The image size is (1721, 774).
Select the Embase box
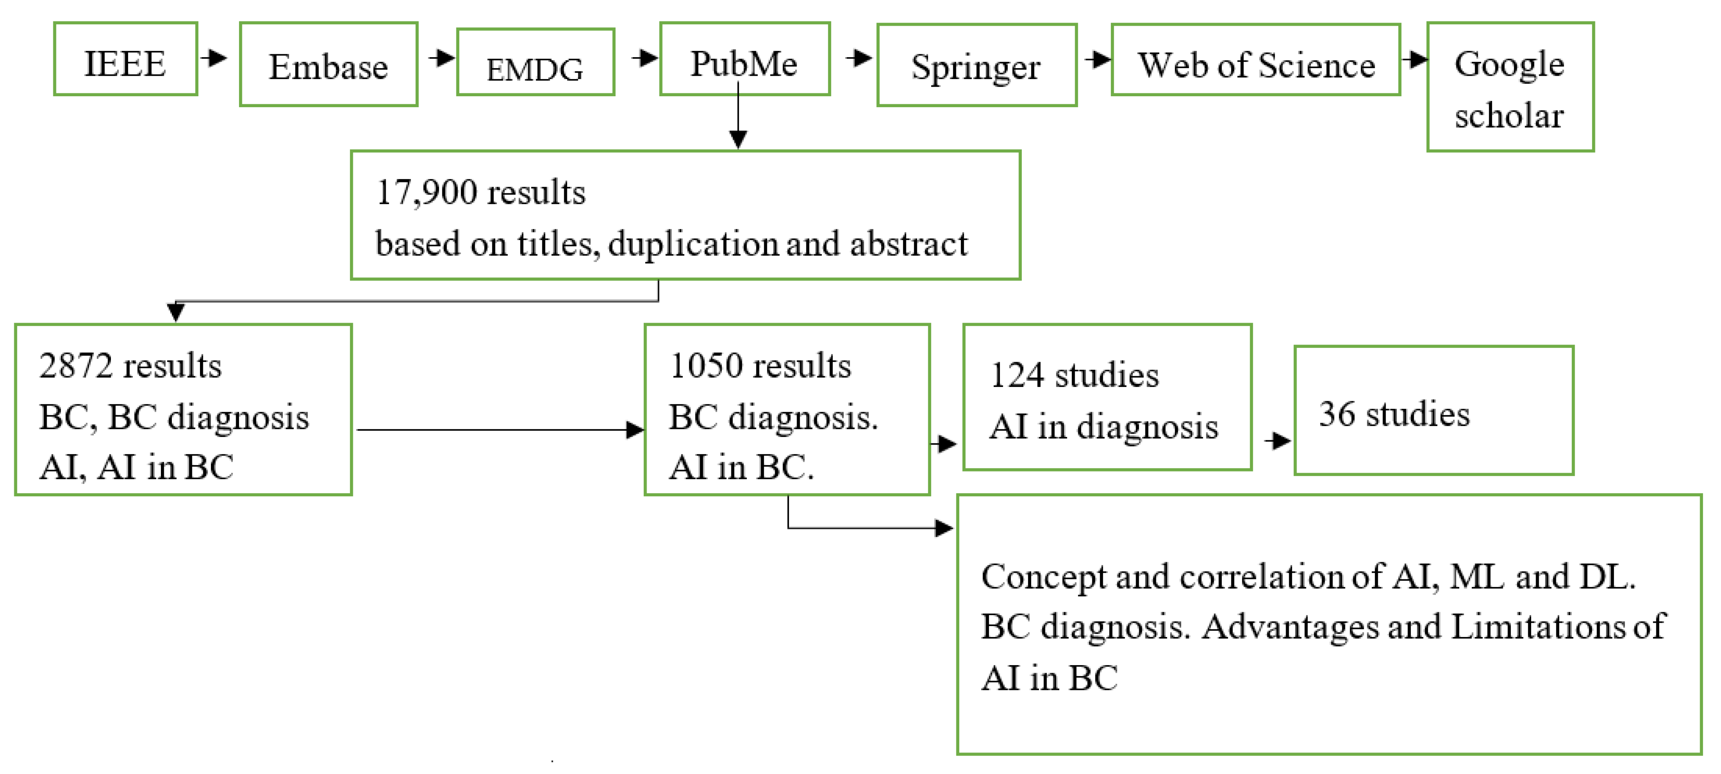[x=328, y=65]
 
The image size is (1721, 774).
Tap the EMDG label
[x=534, y=69]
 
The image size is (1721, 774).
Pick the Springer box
[x=976, y=66]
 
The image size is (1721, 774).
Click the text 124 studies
[x=1074, y=375]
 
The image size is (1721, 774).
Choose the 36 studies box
[x=1433, y=411]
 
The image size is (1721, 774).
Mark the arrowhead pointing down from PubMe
[x=737, y=138]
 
